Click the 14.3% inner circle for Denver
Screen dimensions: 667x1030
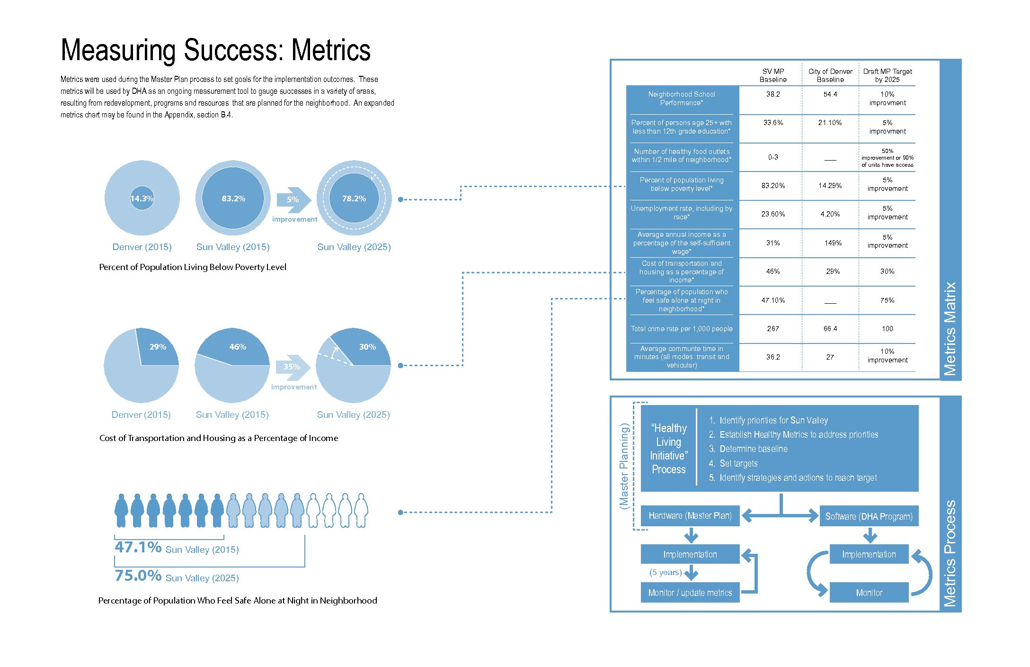tap(142, 198)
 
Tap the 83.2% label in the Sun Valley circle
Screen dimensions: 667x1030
tap(233, 198)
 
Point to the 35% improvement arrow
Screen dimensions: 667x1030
tap(292, 367)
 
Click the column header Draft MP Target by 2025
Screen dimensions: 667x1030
tap(887, 75)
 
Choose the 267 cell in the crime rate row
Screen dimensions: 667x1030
tap(773, 329)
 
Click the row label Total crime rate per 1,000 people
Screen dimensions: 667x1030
tap(682, 329)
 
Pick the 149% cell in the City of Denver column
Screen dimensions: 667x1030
tap(833, 243)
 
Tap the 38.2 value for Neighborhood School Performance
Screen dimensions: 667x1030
tap(773, 94)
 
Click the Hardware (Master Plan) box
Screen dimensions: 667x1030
tap(690, 516)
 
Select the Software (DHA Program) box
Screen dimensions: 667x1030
tap(869, 516)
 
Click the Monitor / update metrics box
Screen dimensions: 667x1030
tap(690, 593)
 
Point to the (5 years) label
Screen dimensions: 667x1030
tap(666, 573)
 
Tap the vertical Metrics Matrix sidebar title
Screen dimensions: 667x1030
tap(950, 329)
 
